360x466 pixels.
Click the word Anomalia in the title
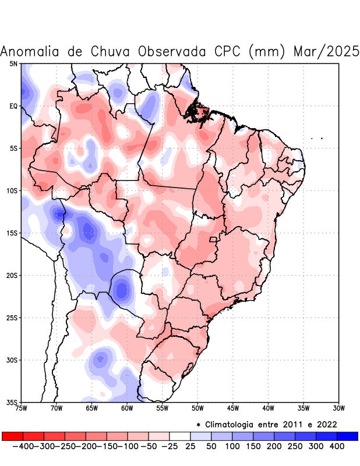click(x=31, y=52)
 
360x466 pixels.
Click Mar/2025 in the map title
click(x=326, y=52)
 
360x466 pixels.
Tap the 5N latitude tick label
click(x=13, y=63)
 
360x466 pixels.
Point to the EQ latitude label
click(x=13, y=106)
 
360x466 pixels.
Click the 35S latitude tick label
click(x=12, y=403)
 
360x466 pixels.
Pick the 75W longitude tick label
click(x=22, y=408)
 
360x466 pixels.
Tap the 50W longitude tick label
click(x=197, y=408)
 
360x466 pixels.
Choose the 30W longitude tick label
click(x=338, y=408)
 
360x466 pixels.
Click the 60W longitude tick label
click(x=127, y=408)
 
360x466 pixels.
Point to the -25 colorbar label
click(x=168, y=446)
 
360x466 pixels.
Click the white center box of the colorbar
click(x=180, y=436)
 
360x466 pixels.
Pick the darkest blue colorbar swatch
click(x=348, y=436)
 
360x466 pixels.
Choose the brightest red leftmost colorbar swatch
click(x=12, y=436)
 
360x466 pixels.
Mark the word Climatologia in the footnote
click(x=231, y=424)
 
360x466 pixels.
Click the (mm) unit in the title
click(x=267, y=52)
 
